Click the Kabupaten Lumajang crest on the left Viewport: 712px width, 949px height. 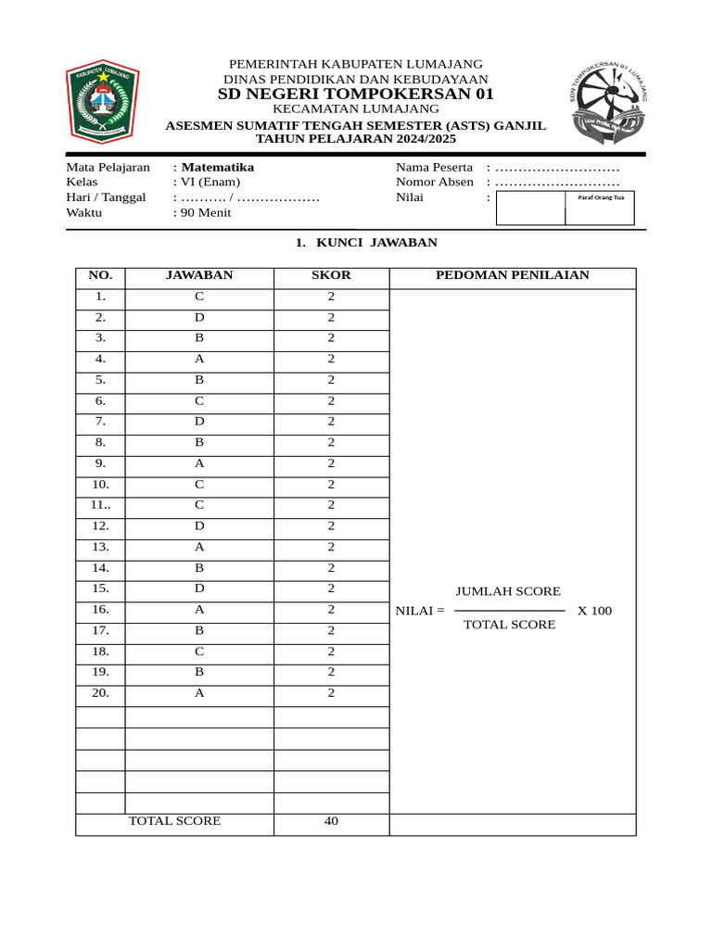pos(103,101)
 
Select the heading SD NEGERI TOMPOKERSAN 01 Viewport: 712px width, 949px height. pos(356,95)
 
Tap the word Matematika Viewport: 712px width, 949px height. pos(218,168)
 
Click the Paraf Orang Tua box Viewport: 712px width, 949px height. pos(600,209)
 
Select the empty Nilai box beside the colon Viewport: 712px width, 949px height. pos(530,209)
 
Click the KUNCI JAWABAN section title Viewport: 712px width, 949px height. pos(365,243)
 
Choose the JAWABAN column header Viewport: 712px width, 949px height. pos(199,275)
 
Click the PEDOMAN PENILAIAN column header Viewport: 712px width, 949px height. pos(513,275)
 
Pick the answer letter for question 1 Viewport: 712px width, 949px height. pos(199,297)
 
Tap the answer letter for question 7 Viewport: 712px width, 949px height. pos(199,422)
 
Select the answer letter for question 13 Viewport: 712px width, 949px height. pos(199,547)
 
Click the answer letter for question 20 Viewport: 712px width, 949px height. pos(199,692)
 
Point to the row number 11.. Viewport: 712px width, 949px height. pos(100,505)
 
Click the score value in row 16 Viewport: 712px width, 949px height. pos(331,609)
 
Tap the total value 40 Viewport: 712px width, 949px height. pos(331,821)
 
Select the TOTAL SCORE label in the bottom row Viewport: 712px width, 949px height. pos(174,821)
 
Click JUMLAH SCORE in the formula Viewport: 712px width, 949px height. pos(508,591)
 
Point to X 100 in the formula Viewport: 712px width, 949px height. pos(594,611)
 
